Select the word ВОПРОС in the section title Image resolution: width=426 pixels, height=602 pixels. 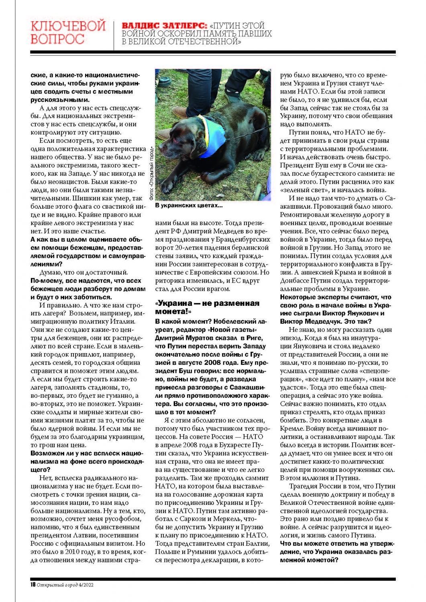coord(57,39)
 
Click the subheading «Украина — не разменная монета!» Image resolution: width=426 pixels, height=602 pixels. coord(207,307)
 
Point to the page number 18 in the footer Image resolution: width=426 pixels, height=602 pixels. coord(33,584)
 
